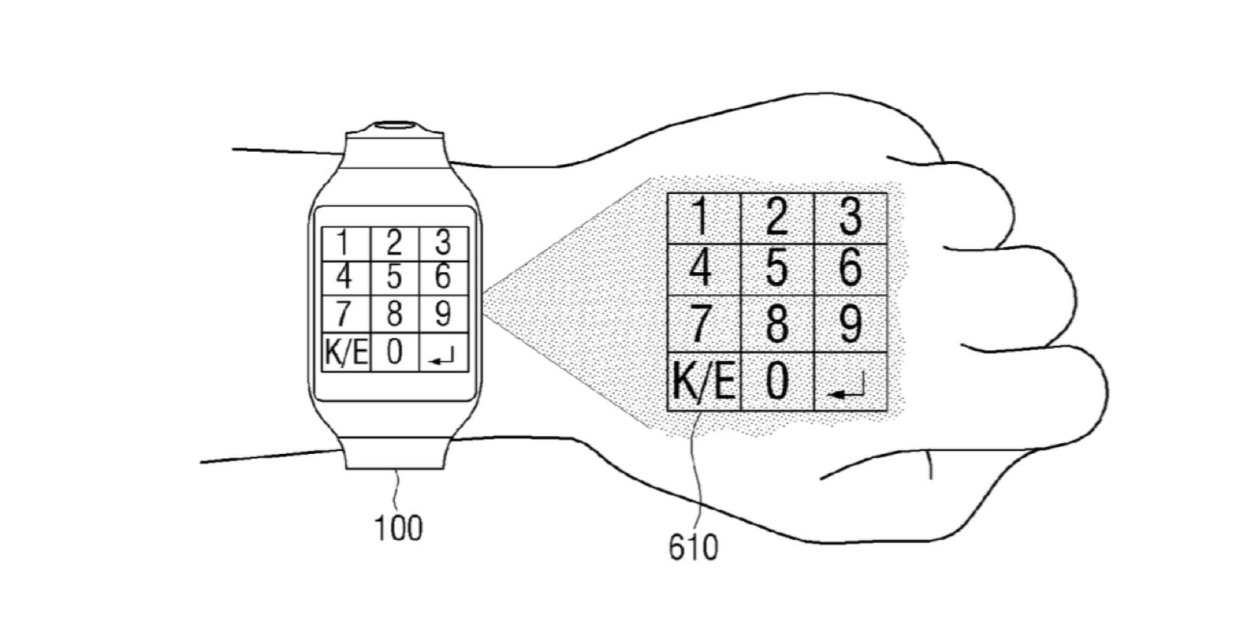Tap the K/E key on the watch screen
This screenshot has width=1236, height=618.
[346, 354]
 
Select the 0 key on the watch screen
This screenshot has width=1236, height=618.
[395, 354]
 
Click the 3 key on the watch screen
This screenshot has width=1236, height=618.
[443, 244]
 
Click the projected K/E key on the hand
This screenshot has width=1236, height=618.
[703, 383]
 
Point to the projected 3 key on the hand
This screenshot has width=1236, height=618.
[850, 219]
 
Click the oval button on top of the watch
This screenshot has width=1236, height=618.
[395, 125]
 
